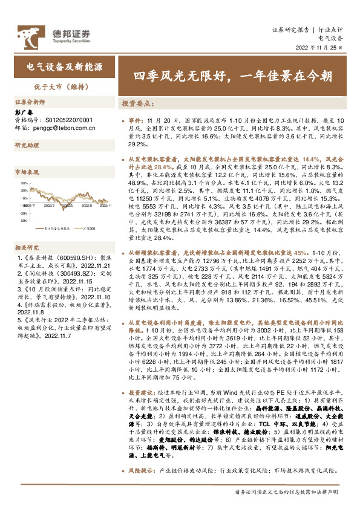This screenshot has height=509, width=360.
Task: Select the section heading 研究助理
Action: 26,146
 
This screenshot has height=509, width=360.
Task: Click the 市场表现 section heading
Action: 26,172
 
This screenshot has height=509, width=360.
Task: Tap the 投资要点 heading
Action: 137,103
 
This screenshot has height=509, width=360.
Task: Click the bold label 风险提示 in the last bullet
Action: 140,469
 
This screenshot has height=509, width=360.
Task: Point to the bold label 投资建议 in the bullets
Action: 140,392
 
